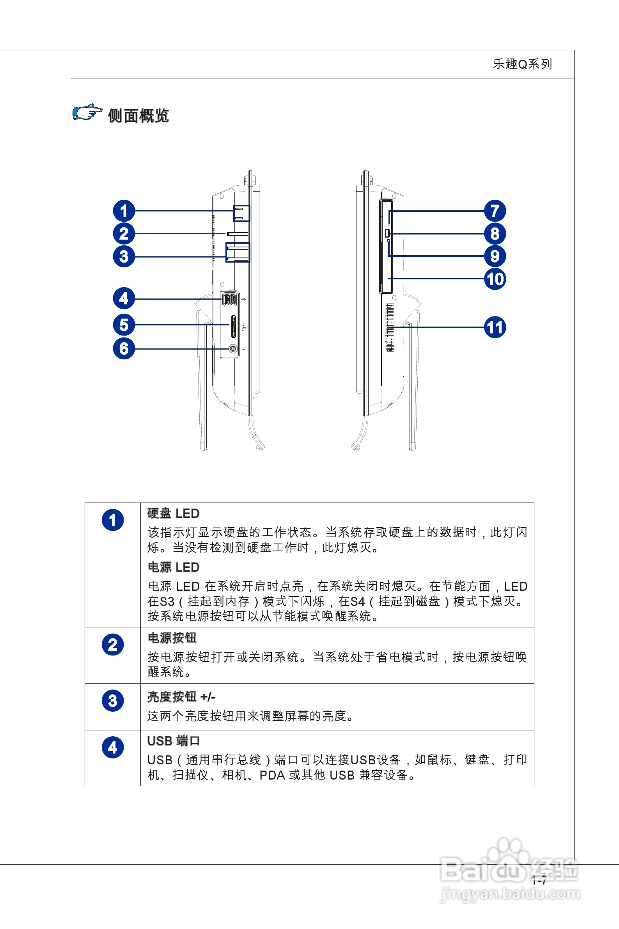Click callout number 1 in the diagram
point(124,211)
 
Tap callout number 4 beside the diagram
point(124,298)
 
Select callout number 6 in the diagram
point(124,349)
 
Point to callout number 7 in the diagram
point(495,211)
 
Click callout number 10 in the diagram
point(495,279)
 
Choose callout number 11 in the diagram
point(495,327)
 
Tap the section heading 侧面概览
point(138,115)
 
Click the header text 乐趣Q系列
point(522,64)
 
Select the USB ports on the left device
point(230,299)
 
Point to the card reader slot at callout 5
point(234,326)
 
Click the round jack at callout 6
point(233,349)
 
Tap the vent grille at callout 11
point(390,327)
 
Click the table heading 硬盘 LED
point(173,513)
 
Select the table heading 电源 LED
point(173,567)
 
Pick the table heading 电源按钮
point(172,638)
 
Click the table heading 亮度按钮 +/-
point(181,697)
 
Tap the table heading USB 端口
point(173,741)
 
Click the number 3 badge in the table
point(113,701)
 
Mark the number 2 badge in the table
point(113,645)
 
